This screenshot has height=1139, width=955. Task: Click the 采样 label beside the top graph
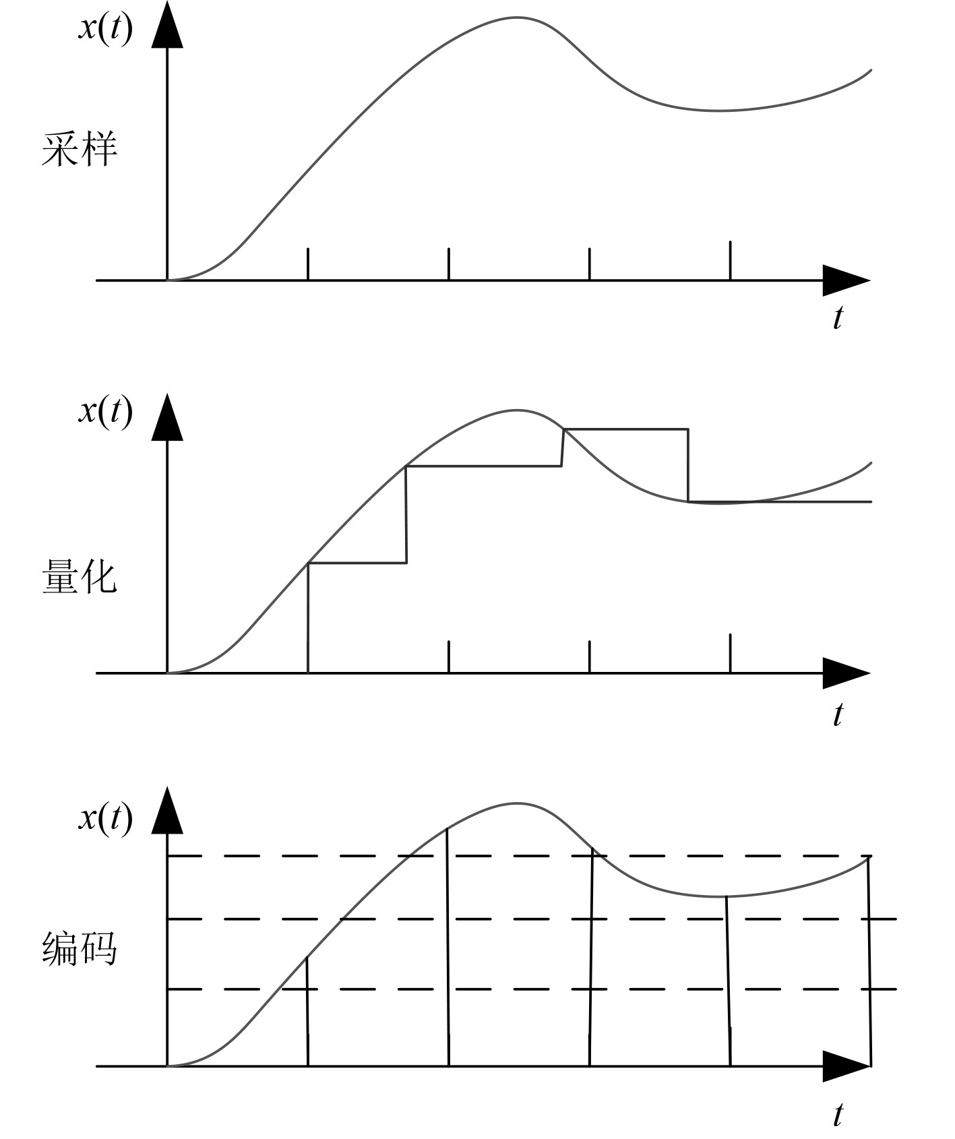pos(80,149)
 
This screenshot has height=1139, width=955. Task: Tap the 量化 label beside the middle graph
pos(80,577)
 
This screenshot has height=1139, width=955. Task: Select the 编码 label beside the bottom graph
pos(80,949)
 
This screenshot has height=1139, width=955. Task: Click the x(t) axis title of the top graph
pos(106,29)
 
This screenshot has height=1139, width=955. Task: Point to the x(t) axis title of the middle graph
pos(106,410)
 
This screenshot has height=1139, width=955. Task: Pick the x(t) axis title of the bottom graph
pos(106,818)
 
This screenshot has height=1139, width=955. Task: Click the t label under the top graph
pos(838,317)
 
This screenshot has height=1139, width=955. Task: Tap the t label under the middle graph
pos(838,714)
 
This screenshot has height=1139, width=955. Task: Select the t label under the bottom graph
pos(838,1114)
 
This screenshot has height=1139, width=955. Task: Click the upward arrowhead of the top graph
pos(167,27)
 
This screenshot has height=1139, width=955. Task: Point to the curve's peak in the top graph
pos(517,17)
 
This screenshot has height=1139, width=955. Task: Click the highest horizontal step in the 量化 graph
pos(625,429)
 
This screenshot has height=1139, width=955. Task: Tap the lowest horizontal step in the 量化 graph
pos(357,562)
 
